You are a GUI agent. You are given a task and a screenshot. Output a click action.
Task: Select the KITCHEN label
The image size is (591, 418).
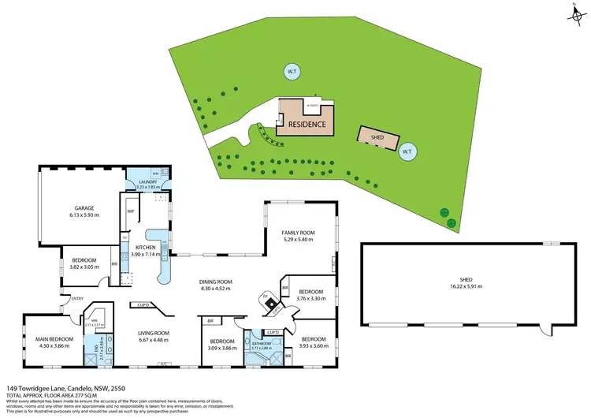(148, 247)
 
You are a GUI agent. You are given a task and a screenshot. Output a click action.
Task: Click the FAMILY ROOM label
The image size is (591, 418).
(299, 233)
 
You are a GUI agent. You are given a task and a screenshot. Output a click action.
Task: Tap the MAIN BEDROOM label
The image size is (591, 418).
(54, 339)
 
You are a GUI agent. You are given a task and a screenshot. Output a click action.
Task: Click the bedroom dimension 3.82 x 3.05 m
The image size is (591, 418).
(84, 267)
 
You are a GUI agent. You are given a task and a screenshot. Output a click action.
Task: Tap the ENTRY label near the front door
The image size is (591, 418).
(77, 298)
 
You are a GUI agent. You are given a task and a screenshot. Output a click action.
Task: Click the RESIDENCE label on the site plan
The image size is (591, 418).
(307, 125)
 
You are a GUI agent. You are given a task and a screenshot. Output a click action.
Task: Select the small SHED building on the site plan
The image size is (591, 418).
(377, 136)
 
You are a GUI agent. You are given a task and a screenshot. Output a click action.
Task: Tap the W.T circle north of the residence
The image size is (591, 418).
(291, 73)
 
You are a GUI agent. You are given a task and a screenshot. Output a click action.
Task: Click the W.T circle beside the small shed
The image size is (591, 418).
(407, 151)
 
